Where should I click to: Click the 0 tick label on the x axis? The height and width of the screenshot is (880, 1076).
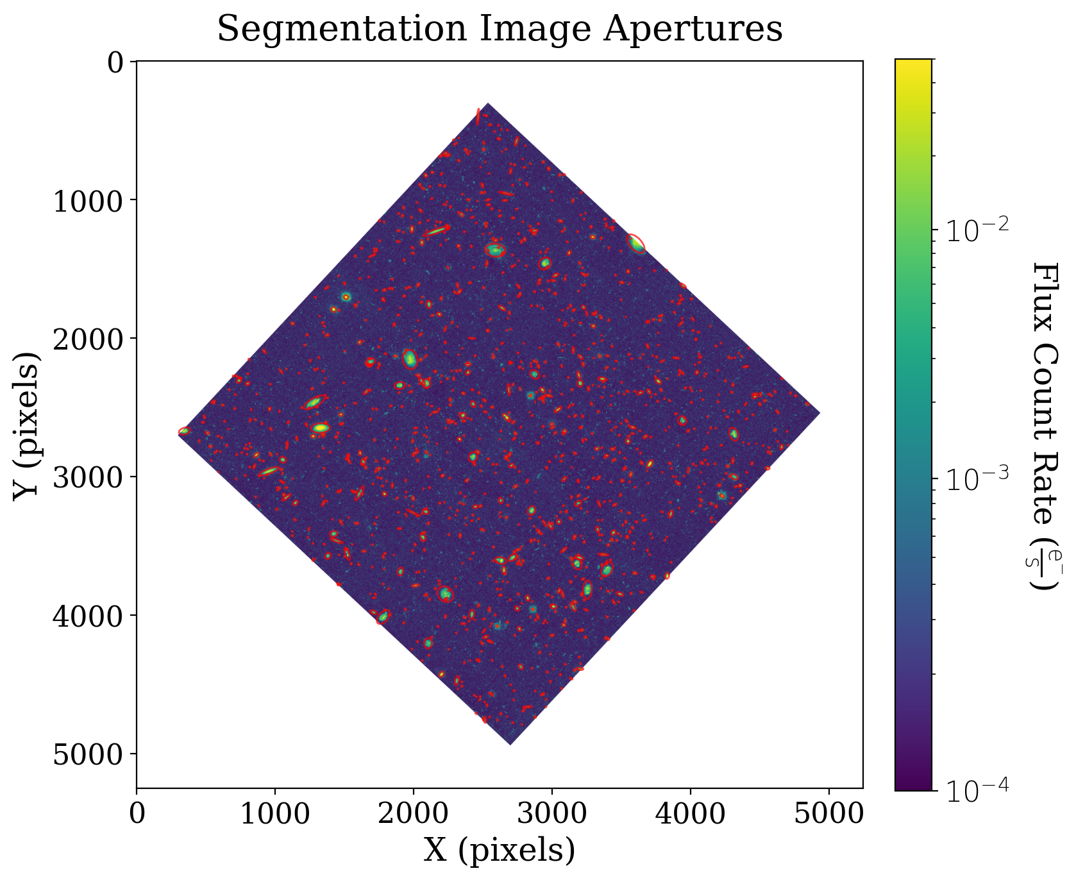[137, 814]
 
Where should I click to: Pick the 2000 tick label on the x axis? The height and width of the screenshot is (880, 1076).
[414, 814]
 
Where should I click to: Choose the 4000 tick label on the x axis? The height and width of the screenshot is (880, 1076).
[691, 814]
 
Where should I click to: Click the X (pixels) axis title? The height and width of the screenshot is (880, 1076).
[500, 850]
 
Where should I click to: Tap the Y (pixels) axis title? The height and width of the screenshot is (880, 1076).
[27, 424]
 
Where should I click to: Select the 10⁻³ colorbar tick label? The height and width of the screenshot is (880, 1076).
[974, 478]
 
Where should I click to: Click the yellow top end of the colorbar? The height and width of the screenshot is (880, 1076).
[913, 64]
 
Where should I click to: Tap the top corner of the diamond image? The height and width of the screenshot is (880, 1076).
[488, 104]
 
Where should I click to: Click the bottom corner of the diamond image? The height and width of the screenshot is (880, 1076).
[510, 743]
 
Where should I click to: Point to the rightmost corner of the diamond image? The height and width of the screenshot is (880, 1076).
[819, 413]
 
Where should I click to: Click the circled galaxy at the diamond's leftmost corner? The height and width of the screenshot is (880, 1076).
[184, 431]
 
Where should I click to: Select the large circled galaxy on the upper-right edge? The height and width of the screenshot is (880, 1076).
[636, 244]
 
